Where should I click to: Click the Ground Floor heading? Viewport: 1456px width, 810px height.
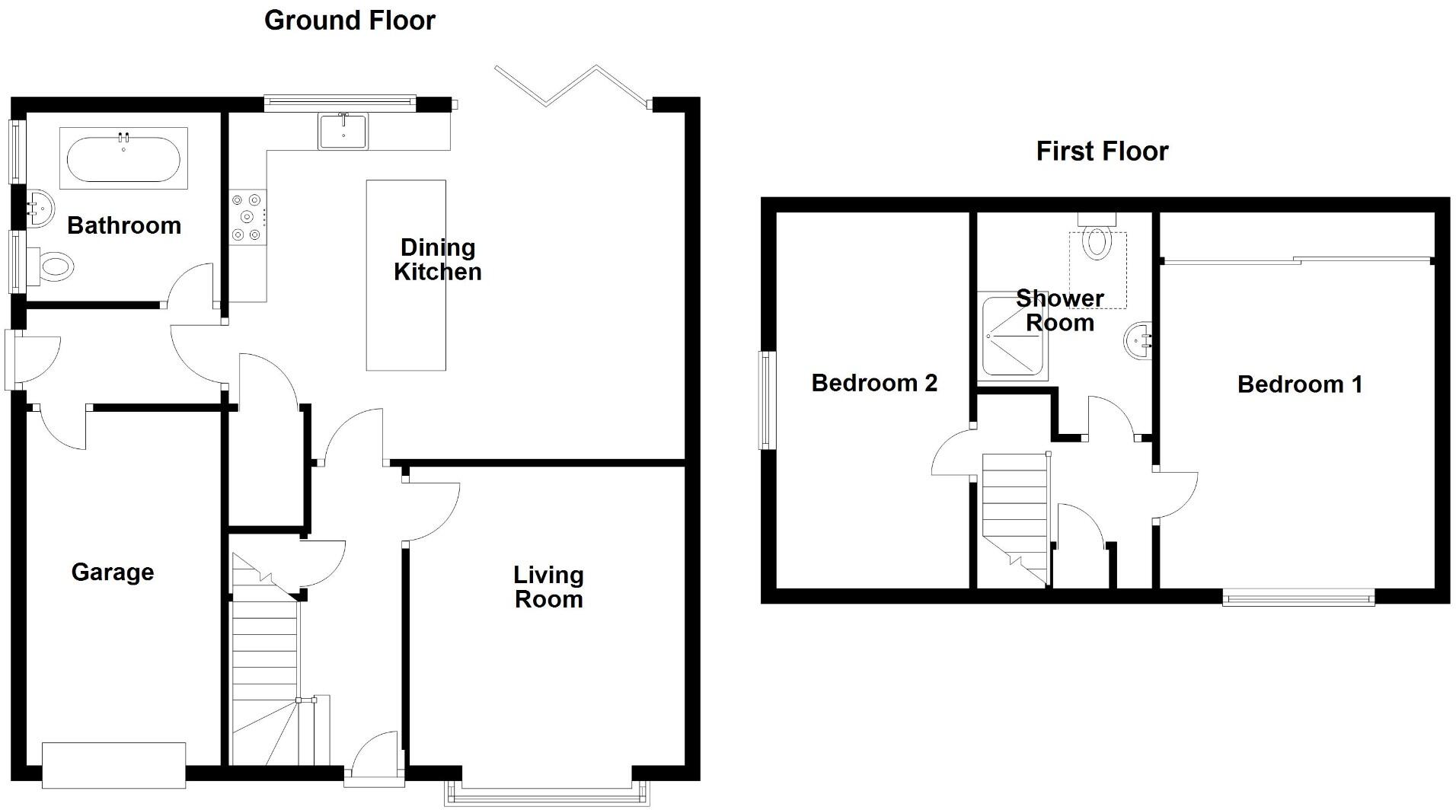[x=350, y=21]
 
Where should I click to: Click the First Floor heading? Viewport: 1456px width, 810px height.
[x=1101, y=151]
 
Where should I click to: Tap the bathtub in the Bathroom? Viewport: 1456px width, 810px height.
[x=123, y=158]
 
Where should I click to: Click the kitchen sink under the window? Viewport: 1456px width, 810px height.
[x=343, y=131]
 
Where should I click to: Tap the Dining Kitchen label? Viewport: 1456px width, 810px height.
[x=437, y=260]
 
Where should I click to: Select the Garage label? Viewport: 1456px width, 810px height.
[x=113, y=572]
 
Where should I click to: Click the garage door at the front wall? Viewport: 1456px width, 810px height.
[x=113, y=764]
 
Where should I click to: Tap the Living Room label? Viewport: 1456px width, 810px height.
[x=548, y=587]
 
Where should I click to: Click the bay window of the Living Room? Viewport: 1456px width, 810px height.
[x=547, y=796]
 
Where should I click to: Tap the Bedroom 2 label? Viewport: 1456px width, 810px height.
[x=873, y=383]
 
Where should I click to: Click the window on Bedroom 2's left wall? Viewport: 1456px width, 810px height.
[x=767, y=400]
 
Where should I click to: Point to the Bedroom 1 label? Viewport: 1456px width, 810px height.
[x=1299, y=384]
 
